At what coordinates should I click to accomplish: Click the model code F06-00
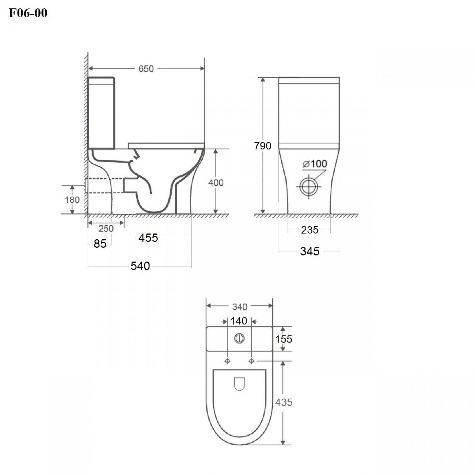(x=28, y=13)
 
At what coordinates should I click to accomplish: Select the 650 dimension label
(x=146, y=69)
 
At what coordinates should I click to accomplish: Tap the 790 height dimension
(x=263, y=146)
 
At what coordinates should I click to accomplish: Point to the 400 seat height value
(x=216, y=183)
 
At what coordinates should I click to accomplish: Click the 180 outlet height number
(x=72, y=200)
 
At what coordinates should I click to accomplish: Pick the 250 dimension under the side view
(x=106, y=229)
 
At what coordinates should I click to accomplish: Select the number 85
(x=100, y=244)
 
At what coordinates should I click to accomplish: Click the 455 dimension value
(x=148, y=238)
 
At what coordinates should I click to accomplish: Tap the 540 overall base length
(x=140, y=266)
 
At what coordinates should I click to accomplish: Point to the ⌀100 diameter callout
(x=315, y=164)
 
